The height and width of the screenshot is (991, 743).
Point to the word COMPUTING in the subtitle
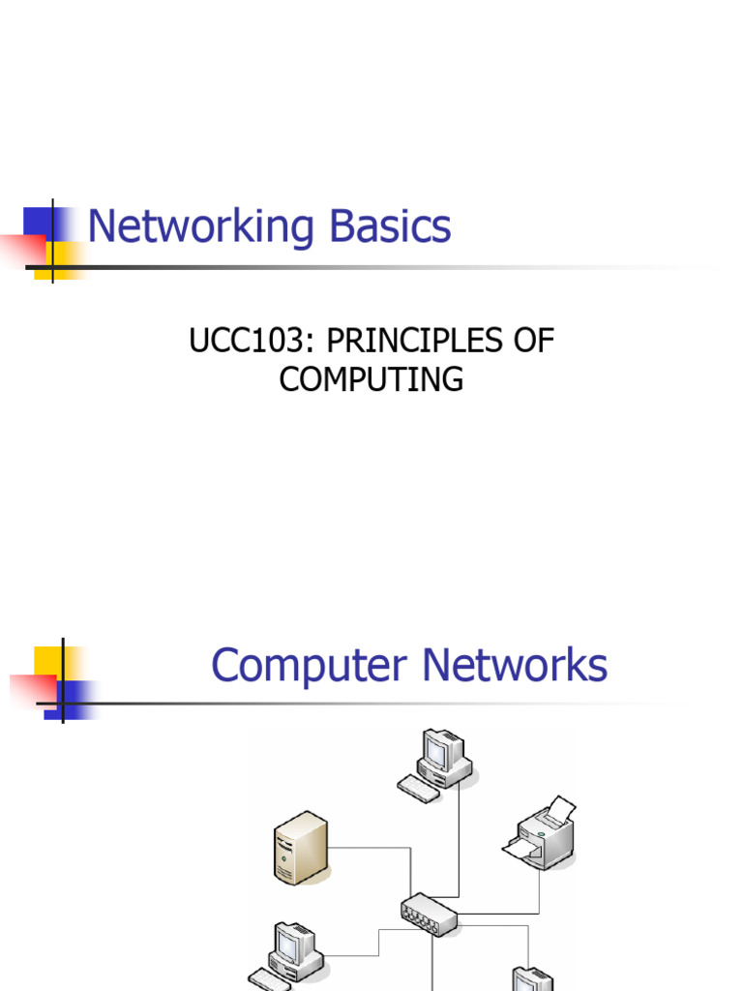click(371, 379)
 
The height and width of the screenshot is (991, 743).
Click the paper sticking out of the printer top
click(558, 811)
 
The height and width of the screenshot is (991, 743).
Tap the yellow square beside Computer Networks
click(47, 660)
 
